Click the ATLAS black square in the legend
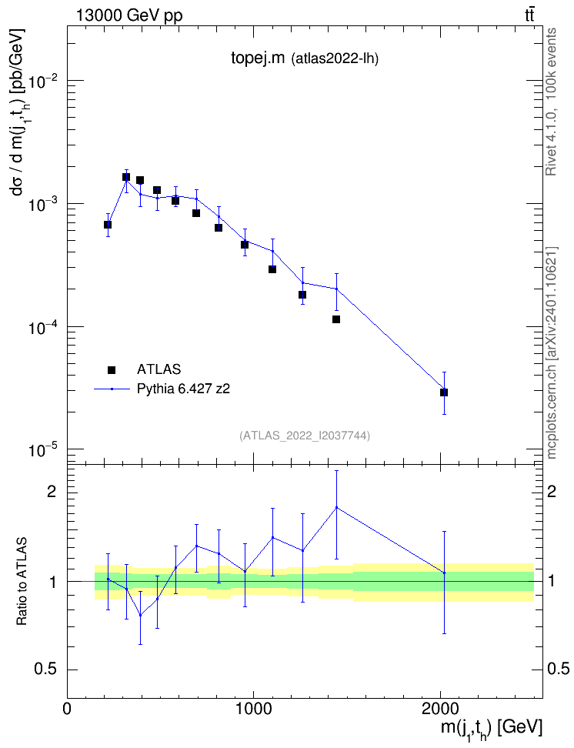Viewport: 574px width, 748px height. click(112, 369)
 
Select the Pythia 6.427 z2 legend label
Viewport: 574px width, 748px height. click(183, 389)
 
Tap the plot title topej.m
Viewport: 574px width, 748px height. click(258, 58)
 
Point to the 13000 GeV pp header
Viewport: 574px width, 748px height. click(128, 16)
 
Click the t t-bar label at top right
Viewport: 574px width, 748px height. click(529, 15)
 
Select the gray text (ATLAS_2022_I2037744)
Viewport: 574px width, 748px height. click(305, 436)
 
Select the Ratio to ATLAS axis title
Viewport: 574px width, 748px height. click(22, 581)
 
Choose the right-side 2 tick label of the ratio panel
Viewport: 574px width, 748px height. click(552, 492)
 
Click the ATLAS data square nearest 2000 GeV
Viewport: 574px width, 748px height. click(444, 392)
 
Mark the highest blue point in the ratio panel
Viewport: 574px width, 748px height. click(336, 507)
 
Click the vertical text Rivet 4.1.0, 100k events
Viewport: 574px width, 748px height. click(551, 102)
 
